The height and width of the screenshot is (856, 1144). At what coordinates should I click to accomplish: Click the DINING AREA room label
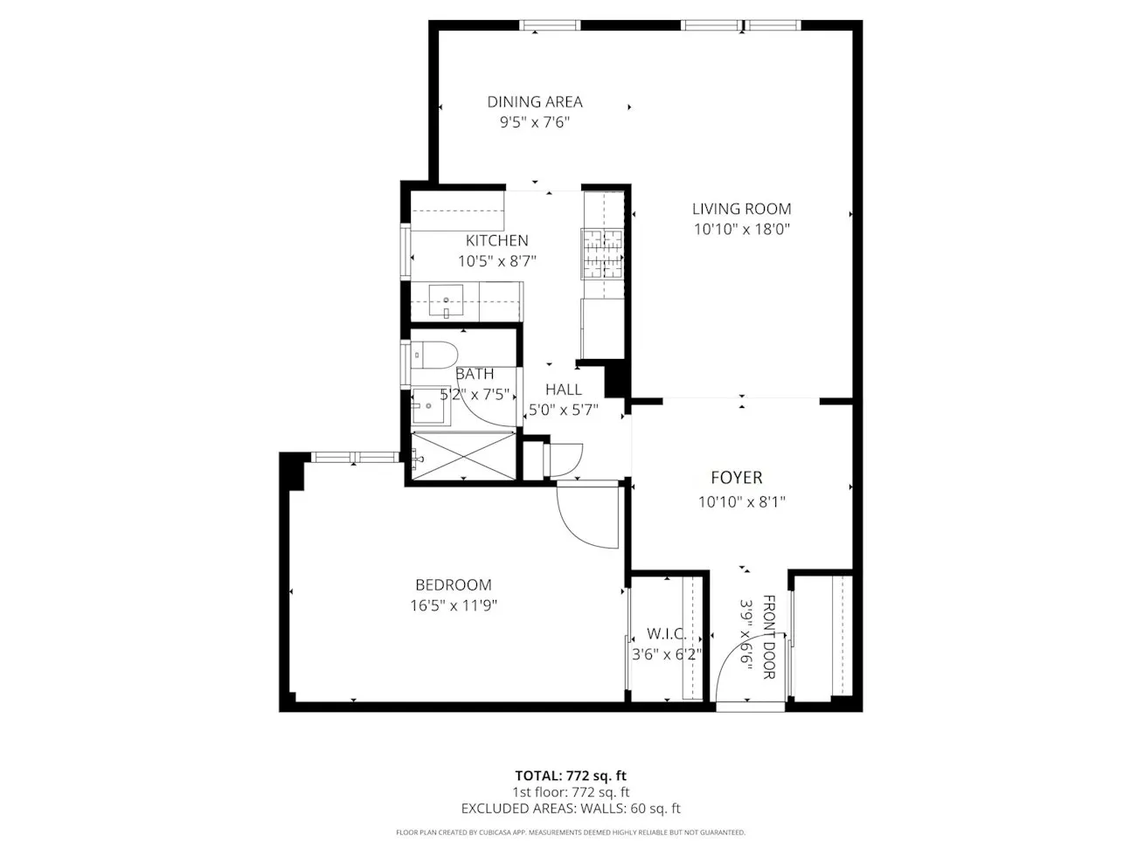tap(534, 102)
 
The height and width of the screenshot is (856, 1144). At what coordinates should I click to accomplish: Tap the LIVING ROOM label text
tap(741, 209)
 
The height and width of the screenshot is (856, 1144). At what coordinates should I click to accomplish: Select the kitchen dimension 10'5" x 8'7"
tap(496, 260)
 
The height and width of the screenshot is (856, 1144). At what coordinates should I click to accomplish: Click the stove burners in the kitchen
tap(602, 252)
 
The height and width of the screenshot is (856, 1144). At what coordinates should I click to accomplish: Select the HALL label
tap(563, 390)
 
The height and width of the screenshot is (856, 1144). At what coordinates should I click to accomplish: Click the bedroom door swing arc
tap(581, 524)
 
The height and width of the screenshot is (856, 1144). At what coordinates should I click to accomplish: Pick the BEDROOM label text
tap(453, 585)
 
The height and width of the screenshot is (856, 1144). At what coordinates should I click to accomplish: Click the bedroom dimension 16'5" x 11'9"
tap(453, 605)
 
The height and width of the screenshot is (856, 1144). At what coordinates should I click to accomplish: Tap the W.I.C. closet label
tap(665, 633)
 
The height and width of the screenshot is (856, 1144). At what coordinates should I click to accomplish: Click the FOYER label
tap(736, 478)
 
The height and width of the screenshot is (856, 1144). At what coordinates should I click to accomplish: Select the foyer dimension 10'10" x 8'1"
tap(741, 502)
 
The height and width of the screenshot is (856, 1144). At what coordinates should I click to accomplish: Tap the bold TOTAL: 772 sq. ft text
tap(571, 775)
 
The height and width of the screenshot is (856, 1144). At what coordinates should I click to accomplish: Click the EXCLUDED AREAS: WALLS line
tap(571, 809)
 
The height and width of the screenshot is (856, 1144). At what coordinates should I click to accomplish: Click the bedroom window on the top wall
tap(353, 457)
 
